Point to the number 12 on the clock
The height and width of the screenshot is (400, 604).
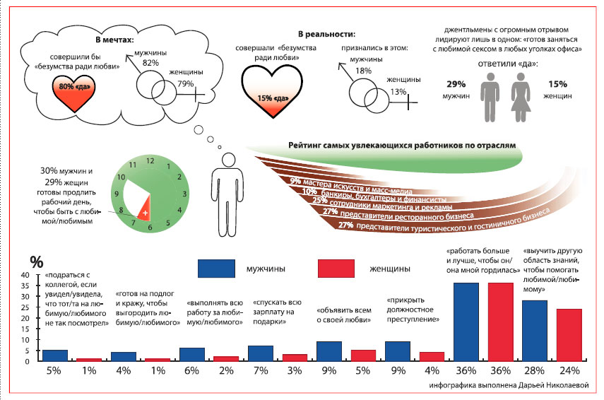point(149,161)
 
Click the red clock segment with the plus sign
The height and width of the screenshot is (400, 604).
point(144,211)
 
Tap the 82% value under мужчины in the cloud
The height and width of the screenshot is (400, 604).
point(150,63)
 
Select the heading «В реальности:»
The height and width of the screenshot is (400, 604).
point(326,34)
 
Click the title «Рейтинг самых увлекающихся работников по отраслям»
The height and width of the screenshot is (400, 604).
point(402,145)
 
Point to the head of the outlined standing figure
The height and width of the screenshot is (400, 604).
point(225,157)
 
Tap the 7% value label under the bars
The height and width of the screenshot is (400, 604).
point(260,370)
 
